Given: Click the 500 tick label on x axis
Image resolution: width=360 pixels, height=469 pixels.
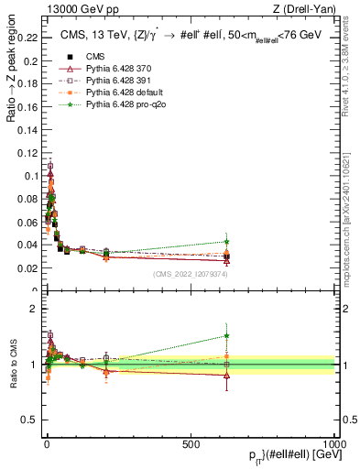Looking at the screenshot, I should pos(191,443).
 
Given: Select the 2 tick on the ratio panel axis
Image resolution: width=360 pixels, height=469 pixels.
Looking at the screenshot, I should pos(33,309).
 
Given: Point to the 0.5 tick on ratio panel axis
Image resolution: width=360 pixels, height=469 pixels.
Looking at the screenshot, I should pos(29,420).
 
